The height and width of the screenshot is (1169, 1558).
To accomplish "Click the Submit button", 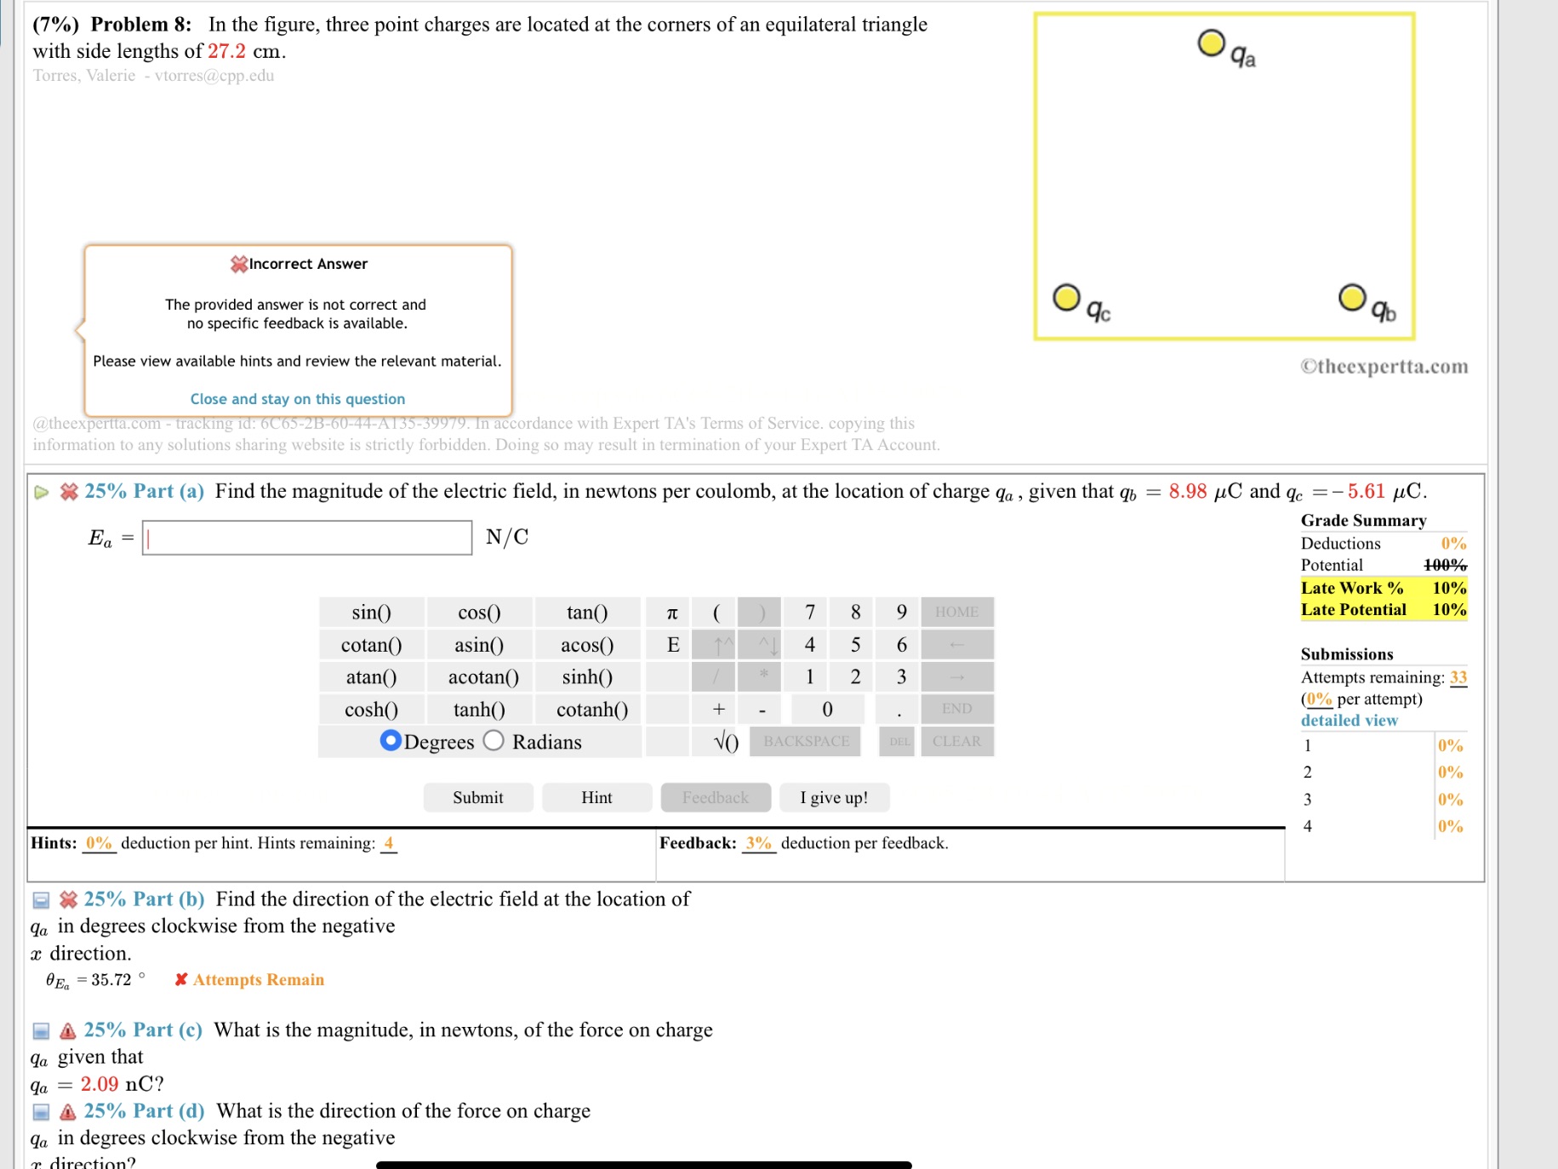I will [x=477, y=797].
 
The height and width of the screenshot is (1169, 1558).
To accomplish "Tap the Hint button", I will [x=596, y=797].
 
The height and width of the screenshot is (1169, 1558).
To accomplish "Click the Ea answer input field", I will [x=307, y=538].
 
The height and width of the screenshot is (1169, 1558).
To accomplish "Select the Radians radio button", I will [x=494, y=741].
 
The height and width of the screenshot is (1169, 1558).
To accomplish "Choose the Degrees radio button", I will [x=391, y=741].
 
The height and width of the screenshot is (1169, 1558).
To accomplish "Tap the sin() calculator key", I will [x=371, y=613].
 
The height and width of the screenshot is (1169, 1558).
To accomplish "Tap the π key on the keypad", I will [x=672, y=613].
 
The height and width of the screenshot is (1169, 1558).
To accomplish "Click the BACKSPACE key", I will [x=806, y=741].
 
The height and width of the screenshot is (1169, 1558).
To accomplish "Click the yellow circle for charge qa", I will [x=1211, y=43].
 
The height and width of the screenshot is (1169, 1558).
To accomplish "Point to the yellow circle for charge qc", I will [x=1066, y=298].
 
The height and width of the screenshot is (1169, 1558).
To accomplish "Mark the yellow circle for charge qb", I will [x=1352, y=298].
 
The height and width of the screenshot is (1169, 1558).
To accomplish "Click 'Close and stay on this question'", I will [x=298, y=399].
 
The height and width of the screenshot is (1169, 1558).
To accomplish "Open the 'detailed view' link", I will [x=1349, y=721].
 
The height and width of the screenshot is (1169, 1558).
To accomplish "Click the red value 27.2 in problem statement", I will [x=226, y=51].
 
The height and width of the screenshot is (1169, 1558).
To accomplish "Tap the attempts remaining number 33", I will [x=1458, y=677].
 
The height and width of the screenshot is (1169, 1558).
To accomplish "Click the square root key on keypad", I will [x=726, y=741].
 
